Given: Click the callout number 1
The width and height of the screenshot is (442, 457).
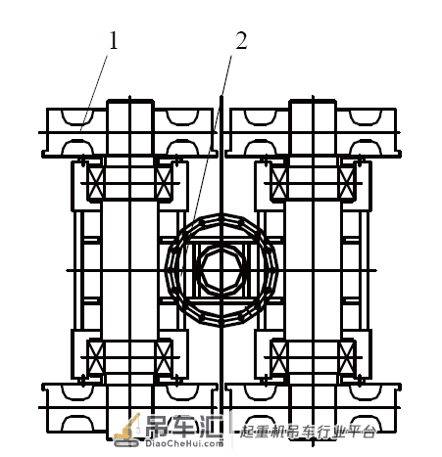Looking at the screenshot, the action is (x=113, y=40).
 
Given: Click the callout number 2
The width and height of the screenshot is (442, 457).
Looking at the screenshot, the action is (x=241, y=40).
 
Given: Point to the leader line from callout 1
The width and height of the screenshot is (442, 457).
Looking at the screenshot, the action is (x=94, y=93).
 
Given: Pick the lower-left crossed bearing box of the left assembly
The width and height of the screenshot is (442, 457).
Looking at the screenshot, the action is (x=96, y=357).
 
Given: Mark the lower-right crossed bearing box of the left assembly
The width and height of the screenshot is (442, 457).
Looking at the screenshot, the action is (x=164, y=357).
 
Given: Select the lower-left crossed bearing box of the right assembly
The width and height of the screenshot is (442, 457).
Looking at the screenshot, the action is (x=279, y=357).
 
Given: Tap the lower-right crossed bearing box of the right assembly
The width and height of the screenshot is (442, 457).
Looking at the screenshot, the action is (x=347, y=357).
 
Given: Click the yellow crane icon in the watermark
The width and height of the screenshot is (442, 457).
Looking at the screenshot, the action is (x=126, y=430).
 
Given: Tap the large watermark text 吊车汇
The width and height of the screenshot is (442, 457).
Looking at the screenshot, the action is (x=184, y=427).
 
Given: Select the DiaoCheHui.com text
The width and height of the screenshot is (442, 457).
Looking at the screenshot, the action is (x=184, y=443).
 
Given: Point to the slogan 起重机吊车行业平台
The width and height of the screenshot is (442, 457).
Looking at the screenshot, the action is (x=308, y=432).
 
